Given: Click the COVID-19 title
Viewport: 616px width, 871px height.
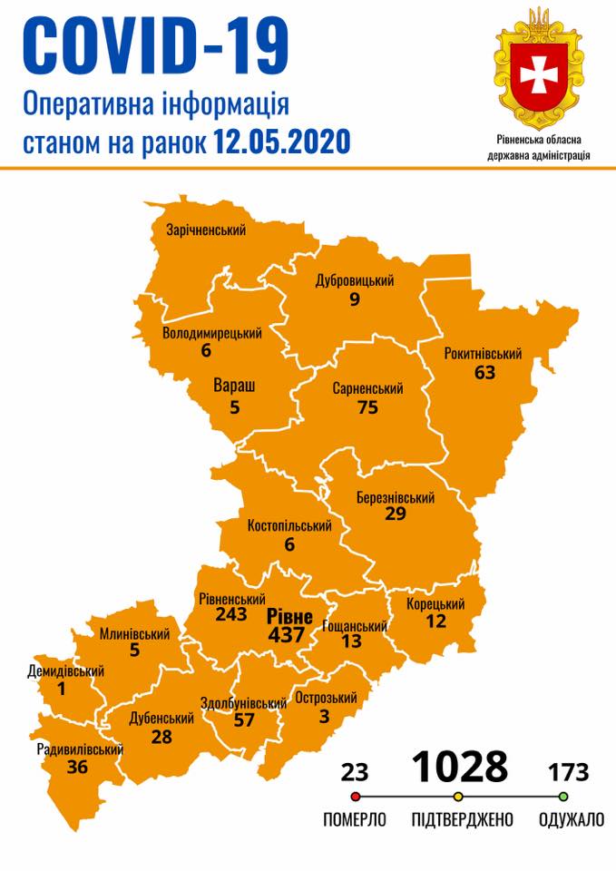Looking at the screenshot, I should point(155,45).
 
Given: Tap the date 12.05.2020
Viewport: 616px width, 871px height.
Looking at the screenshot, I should point(282,142).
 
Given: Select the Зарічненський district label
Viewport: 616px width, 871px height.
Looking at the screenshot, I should point(206,230).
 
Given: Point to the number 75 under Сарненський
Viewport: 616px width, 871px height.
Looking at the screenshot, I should point(367,407).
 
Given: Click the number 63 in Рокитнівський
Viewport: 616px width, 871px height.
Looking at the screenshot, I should point(484,371).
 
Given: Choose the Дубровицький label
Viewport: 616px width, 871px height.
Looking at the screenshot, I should point(355,281).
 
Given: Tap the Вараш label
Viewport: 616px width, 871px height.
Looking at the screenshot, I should point(234,387).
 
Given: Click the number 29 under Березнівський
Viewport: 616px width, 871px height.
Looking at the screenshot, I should point(394,514).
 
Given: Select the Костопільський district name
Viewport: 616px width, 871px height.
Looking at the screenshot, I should point(289,525).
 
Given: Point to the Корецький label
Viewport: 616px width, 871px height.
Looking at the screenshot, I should point(435,604).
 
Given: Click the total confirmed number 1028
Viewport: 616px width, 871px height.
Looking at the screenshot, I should point(460,767).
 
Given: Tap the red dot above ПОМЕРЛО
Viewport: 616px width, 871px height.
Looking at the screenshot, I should point(355,797).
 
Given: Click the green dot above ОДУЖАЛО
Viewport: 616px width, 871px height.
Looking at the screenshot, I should point(563,797).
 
